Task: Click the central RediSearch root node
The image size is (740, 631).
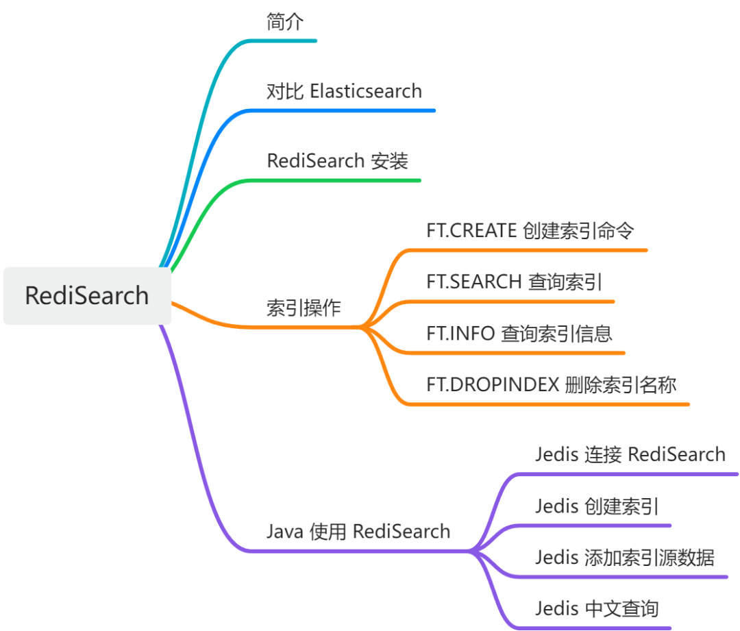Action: (87, 295)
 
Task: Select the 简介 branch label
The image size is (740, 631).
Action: (284, 22)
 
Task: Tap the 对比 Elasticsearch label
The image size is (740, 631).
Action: (344, 90)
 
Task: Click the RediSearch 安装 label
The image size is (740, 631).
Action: (337, 161)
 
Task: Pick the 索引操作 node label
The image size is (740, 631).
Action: (303, 308)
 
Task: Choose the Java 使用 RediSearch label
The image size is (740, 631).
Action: (358, 531)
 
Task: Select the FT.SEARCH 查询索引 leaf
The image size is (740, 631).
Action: (514, 282)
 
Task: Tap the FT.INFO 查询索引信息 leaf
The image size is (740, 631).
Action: (519, 334)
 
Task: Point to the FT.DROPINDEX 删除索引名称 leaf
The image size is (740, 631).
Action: (551, 385)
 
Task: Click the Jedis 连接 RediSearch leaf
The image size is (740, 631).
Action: (630, 454)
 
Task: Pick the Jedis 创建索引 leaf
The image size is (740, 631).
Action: (597, 506)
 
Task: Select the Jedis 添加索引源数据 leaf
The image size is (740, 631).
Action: (624, 558)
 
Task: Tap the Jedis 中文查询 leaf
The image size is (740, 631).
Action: (596, 608)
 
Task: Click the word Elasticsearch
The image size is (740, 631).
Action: (366, 90)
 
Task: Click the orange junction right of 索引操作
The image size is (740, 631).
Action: (363, 327)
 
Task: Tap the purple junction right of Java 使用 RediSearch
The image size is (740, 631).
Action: (471, 550)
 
